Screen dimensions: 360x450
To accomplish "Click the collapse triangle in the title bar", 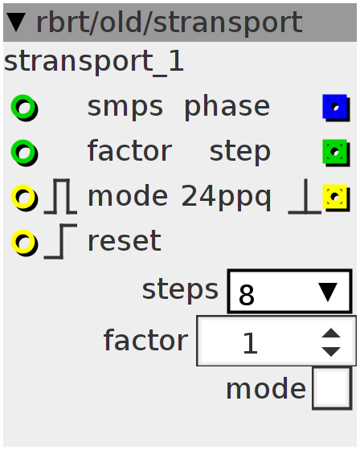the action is tap(16, 22).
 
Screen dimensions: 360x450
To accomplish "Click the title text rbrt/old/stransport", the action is tap(170, 22).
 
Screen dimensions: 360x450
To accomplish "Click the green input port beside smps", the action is tap(24, 108).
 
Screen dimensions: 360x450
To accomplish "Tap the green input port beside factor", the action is tap(24, 152).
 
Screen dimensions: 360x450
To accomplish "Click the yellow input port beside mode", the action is tap(24, 197).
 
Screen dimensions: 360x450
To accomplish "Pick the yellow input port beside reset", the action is tap(24, 242).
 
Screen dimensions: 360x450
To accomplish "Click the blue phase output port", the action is tap(336, 108).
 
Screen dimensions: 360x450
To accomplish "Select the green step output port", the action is tap(336, 152).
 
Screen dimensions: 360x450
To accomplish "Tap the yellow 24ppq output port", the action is tap(336, 197).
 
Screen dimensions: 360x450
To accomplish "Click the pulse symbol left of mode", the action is tap(60, 197).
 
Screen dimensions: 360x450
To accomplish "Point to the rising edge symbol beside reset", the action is tap(61, 241).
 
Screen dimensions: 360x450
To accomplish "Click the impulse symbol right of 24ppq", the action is tap(305, 197).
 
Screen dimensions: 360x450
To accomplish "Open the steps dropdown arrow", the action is tap(328, 292).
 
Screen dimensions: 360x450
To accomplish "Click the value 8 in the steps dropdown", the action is tap(247, 295).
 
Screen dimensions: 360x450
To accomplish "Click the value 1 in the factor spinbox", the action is tap(250, 342).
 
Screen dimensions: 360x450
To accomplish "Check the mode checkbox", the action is tap(332, 388).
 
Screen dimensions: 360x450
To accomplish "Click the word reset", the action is tap(125, 241).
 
